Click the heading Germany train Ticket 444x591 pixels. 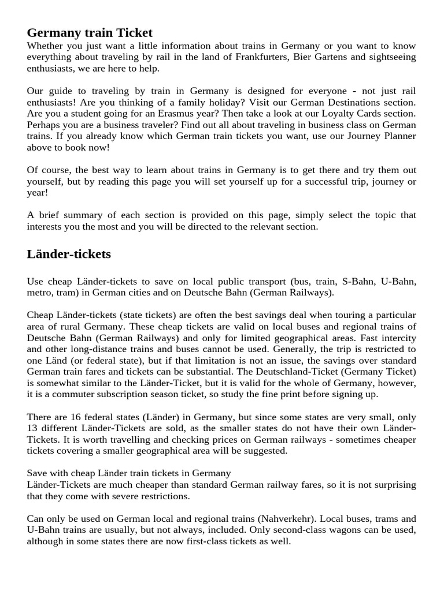[x=90, y=33]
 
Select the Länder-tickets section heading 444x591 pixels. [x=69, y=254]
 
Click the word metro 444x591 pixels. [x=39, y=293]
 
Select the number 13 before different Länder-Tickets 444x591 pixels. [x=32, y=428]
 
